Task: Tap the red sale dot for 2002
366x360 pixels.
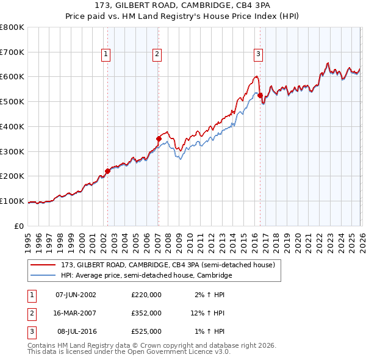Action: pos(107,171)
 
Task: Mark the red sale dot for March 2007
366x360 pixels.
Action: pos(158,139)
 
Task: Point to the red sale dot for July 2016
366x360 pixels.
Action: pos(260,95)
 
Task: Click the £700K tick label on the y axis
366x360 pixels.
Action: pos(12,52)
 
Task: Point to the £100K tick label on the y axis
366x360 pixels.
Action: pos(12,201)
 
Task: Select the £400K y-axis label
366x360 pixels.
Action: pos(12,126)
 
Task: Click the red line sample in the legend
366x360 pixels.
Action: pos(43,265)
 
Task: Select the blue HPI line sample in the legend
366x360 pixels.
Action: pos(43,276)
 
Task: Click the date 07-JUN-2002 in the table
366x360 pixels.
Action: pos(76,294)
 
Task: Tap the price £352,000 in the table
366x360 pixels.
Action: pos(146,313)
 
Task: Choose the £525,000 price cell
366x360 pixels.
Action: pos(146,332)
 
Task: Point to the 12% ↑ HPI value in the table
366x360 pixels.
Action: pos(207,313)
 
